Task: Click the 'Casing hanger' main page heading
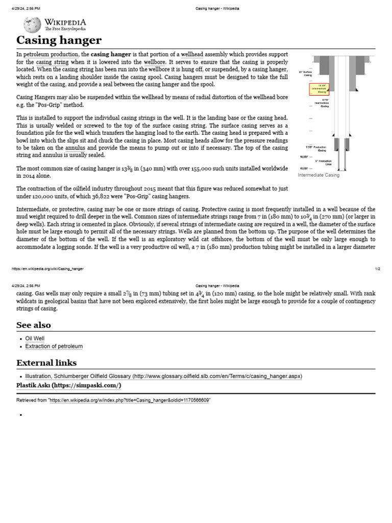point(59,40)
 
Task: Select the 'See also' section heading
point(33,325)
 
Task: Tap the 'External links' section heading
point(46,363)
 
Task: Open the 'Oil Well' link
point(35,338)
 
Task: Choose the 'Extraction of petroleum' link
point(54,346)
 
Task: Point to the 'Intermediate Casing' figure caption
point(318,175)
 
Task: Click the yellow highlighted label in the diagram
point(320,89)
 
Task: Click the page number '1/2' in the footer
point(377,269)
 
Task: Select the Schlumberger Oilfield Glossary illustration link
point(163,376)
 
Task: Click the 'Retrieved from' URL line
point(113,400)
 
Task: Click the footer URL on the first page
point(47,269)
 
